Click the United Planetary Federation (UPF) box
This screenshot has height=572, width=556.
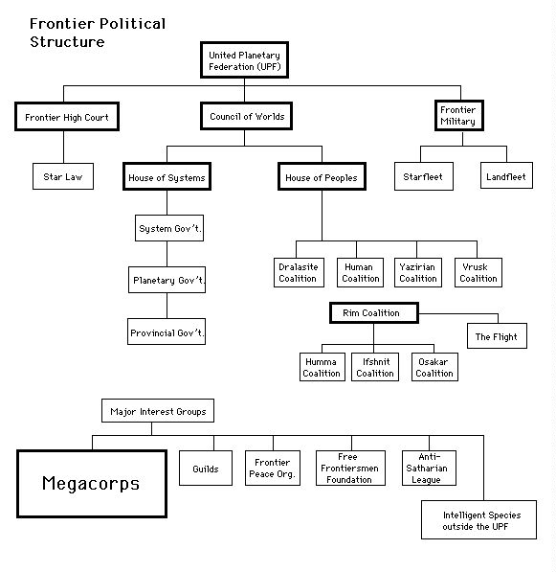244,59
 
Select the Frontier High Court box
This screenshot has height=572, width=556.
67,116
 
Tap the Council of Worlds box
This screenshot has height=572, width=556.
246,116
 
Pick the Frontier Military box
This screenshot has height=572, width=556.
459,115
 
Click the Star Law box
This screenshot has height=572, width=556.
63,176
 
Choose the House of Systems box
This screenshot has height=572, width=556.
167,176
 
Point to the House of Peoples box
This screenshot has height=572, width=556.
322,176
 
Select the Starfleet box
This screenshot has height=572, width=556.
424,176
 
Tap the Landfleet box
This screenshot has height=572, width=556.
506,175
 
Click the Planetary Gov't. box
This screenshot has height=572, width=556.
167,280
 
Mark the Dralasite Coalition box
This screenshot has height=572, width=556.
299,272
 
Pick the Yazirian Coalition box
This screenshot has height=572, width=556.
418,272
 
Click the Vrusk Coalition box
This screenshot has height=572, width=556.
478,272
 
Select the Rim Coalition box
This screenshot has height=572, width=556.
374,312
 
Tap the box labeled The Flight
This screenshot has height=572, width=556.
497,335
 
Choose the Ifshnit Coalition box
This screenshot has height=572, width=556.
375,367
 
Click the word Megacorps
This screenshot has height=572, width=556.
91,484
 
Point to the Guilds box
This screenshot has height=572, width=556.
206,468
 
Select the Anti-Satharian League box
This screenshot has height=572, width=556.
429,468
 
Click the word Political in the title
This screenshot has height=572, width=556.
133,24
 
